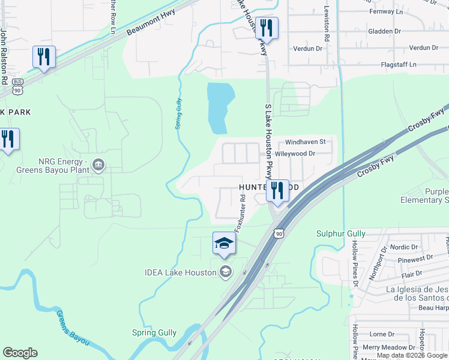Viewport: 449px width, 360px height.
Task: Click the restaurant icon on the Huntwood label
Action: coord(277,190)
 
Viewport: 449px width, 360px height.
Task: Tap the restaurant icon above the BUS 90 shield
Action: coord(44,56)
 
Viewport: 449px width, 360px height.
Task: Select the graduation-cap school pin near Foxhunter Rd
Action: coord(224,243)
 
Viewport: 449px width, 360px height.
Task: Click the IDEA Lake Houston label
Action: coord(180,272)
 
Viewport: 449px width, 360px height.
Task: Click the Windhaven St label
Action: coord(305,142)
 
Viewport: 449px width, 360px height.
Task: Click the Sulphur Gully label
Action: coord(341,233)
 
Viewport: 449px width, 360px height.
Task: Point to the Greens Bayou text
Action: coord(73,328)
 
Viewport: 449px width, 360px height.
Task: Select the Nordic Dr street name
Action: coord(403,247)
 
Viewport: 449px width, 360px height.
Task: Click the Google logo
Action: coord(20,353)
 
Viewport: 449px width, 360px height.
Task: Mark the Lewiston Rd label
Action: coord(327,24)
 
